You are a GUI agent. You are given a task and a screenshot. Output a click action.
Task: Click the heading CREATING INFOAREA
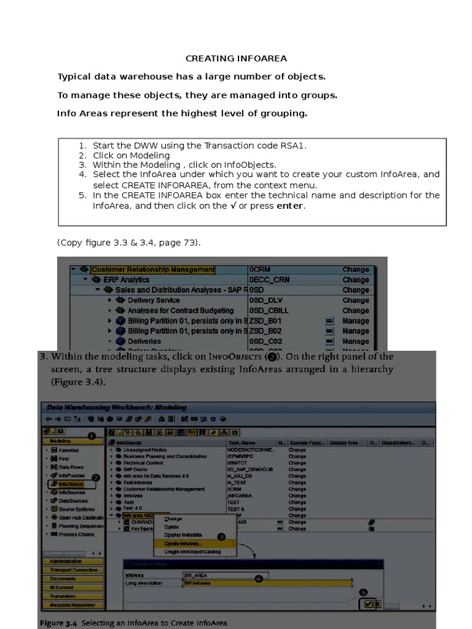click(x=236, y=58)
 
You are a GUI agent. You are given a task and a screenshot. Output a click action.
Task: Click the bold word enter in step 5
click(x=289, y=206)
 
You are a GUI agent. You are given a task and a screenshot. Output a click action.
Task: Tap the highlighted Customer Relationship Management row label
click(x=153, y=270)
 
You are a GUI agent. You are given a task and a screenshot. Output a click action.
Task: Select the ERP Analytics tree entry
click(x=126, y=280)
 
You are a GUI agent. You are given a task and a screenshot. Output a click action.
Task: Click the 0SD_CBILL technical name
click(x=269, y=311)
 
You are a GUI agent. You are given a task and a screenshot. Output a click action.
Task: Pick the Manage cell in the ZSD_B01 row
click(x=355, y=321)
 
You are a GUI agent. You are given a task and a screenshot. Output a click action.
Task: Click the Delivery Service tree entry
click(x=154, y=300)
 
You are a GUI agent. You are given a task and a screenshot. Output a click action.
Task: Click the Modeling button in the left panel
click(x=60, y=441)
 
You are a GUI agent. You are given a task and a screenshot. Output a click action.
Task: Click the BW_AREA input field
click(x=217, y=576)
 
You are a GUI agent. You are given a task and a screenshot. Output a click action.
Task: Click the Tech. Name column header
click(x=243, y=442)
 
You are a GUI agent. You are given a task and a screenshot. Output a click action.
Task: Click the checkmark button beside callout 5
click(x=368, y=604)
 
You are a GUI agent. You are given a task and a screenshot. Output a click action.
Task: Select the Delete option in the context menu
click(x=172, y=527)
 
